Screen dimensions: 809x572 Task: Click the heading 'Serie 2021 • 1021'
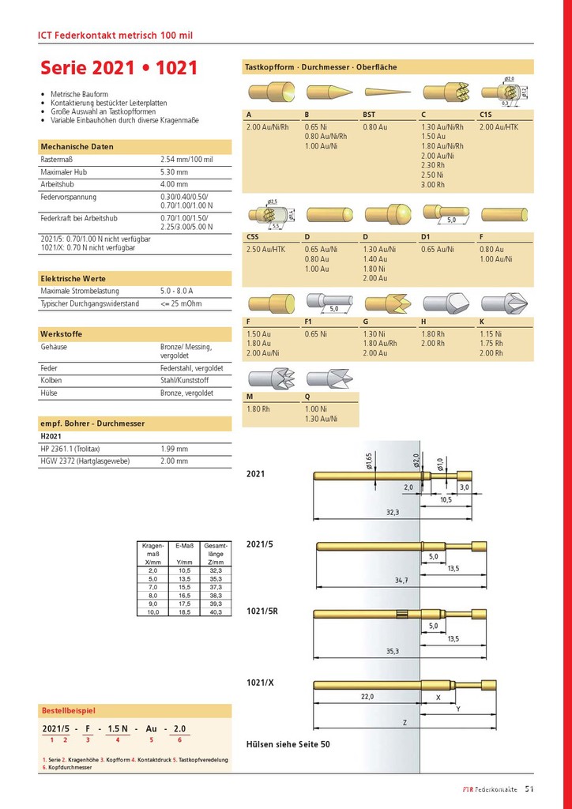pos(119,69)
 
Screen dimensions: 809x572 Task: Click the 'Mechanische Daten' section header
pos(77,146)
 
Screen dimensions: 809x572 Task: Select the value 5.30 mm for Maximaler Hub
pos(174,171)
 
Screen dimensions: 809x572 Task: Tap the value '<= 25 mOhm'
pos(180,303)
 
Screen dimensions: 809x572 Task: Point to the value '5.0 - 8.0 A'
pos(179,292)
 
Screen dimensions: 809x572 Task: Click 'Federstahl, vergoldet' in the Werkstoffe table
pos(192,368)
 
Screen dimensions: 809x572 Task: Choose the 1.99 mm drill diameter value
pos(174,448)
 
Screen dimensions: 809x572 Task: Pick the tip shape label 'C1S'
pos(487,115)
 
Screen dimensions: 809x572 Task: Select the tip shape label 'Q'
pos(307,397)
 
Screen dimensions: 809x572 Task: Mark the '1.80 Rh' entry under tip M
pos(258,408)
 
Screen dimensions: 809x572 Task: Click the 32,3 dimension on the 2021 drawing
pos(392,513)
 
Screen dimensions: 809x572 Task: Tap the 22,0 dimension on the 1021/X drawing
pos(367,697)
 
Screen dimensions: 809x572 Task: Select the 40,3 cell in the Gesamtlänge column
pos(216,611)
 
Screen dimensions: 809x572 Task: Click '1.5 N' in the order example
pos(117,728)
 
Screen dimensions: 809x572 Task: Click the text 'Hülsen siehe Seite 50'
pos(288,744)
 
